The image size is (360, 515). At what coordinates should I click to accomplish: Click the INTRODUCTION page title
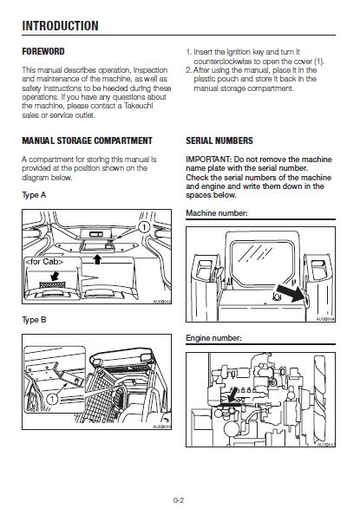(60, 26)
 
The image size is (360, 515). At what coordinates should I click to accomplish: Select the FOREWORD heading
(43, 51)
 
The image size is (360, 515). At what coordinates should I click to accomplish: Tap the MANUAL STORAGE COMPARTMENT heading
(87, 140)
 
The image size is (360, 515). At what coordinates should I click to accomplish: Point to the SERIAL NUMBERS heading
(219, 140)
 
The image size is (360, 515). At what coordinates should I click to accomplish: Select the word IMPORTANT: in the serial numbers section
(209, 160)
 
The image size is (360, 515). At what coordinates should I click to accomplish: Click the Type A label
(34, 195)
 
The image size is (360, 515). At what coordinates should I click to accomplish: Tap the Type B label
(34, 320)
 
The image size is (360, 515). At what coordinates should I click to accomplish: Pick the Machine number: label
(217, 213)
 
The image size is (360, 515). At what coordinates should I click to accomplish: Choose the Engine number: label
(213, 338)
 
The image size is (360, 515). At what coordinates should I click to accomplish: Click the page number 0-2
(179, 500)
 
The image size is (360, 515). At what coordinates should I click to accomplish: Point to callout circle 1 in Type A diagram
(144, 227)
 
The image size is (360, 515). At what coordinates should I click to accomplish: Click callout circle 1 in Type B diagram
(52, 400)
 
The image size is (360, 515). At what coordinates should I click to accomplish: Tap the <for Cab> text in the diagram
(44, 262)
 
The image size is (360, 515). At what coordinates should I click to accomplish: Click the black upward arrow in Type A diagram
(97, 259)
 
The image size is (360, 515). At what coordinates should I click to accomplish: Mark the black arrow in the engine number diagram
(232, 394)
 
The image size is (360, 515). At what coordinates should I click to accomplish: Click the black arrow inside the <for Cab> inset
(55, 275)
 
